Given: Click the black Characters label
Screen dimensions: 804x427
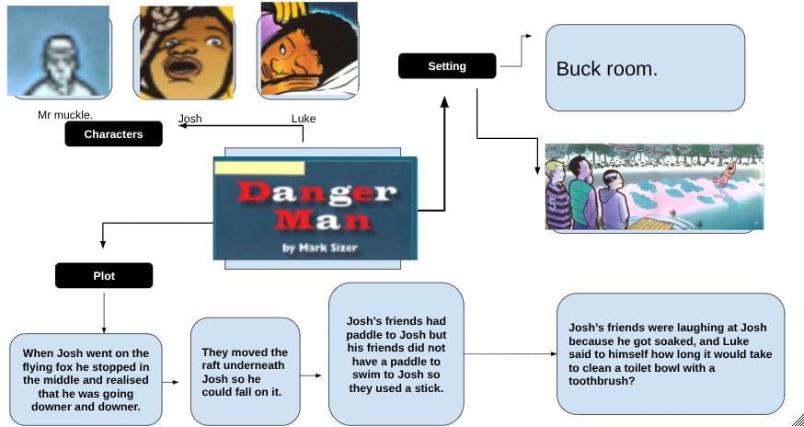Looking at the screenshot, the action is click(x=113, y=134).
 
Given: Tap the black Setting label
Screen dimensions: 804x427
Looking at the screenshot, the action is click(x=447, y=65).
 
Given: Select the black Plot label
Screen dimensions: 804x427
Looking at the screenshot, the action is click(x=104, y=275).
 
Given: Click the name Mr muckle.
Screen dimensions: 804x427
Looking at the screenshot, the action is click(x=65, y=115).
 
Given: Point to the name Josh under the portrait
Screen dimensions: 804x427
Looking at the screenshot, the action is click(x=190, y=119).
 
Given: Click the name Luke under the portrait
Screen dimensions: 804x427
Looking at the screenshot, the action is click(x=304, y=119).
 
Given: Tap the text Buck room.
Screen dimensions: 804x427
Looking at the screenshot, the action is click(x=606, y=69).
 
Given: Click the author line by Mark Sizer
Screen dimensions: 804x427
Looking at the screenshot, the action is click(x=319, y=248).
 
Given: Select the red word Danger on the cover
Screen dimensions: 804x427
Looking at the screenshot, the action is click(x=316, y=193).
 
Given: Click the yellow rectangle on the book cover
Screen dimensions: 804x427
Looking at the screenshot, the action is click(x=259, y=167).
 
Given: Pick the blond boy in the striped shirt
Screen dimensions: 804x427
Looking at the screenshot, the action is click(x=557, y=195).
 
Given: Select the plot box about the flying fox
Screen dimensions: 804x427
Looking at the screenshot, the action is click(x=86, y=379).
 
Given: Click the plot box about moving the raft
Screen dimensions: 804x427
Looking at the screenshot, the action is click(x=245, y=371).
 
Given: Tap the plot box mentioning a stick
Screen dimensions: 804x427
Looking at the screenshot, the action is click(x=396, y=354).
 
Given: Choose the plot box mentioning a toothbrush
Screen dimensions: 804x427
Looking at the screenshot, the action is click(x=671, y=354).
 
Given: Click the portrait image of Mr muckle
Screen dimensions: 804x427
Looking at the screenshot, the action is click(x=59, y=51).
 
